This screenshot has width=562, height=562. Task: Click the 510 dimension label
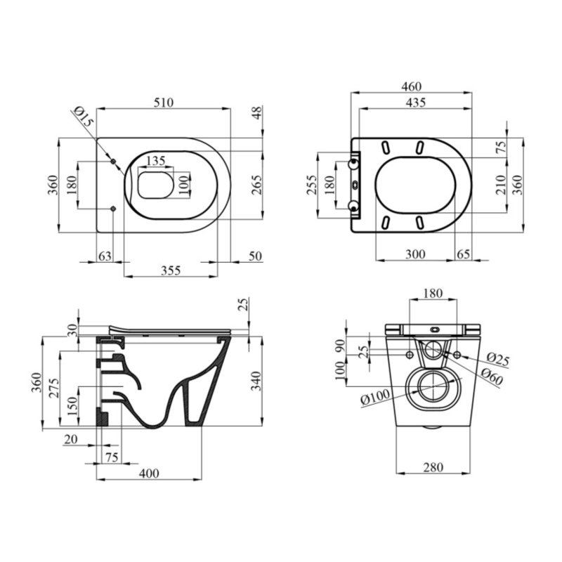click(164, 103)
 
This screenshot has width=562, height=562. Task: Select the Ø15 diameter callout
click(84, 116)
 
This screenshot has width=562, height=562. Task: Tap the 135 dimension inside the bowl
click(156, 160)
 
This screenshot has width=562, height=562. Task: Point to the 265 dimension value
click(256, 185)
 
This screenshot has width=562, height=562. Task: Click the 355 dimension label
click(171, 270)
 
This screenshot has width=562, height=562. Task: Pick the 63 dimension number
click(105, 256)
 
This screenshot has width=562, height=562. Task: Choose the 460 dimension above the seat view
click(412, 86)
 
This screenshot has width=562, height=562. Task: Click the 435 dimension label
click(416, 103)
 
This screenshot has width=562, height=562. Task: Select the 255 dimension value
click(312, 185)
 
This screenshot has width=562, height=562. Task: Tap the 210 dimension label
click(501, 185)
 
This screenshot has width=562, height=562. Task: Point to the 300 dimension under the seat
click(415, 254)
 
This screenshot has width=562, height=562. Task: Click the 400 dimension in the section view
click(149, 473)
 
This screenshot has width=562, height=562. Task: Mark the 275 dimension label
click(54, 388)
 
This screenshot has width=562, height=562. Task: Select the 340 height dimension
click(256, 381)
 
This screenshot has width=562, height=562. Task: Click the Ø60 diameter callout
click(492, 377)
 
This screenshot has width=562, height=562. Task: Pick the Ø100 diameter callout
click(375, 397)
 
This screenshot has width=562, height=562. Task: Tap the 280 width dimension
click(433, 467)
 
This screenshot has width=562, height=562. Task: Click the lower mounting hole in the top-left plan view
click(113, 209)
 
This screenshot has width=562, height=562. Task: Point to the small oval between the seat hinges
click(355, 185)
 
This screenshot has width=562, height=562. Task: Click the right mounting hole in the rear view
click(457, 355)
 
